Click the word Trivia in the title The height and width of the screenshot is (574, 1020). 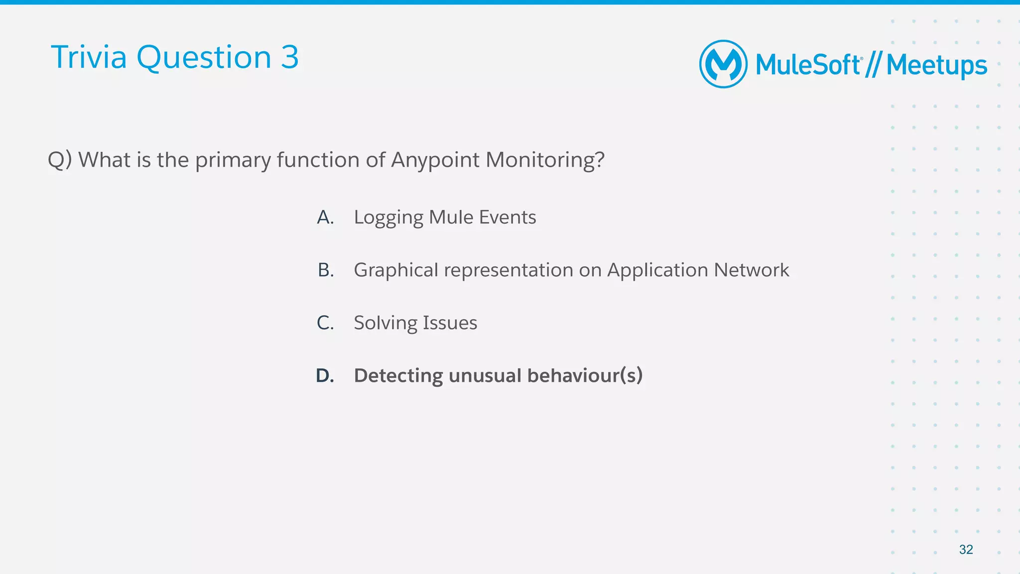tap(89, 57)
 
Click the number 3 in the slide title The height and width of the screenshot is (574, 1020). tap(289, 57)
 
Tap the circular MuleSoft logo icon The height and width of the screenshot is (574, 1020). tap(723, 64)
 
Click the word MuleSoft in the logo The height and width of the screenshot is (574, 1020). tap(808, 65)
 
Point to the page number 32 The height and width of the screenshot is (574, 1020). tap(966, 550)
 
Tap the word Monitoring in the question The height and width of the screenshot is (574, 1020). tap(544, 160)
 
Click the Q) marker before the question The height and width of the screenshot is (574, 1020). tap(60, 160)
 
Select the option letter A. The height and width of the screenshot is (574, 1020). tap(325, 217)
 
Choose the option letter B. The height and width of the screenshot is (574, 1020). tap(326, 270)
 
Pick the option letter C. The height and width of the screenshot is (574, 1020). tap(325, 323)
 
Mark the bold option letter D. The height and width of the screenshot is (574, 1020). tap(325, 375)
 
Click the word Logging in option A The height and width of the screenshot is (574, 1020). tap(388, 218)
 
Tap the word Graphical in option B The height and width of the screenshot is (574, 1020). tap(396, 270)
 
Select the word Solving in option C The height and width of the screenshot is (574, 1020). tap(385, 323)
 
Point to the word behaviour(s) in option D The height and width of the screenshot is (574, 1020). tap(585, 376)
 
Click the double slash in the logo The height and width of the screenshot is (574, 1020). tap(873, 66)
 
